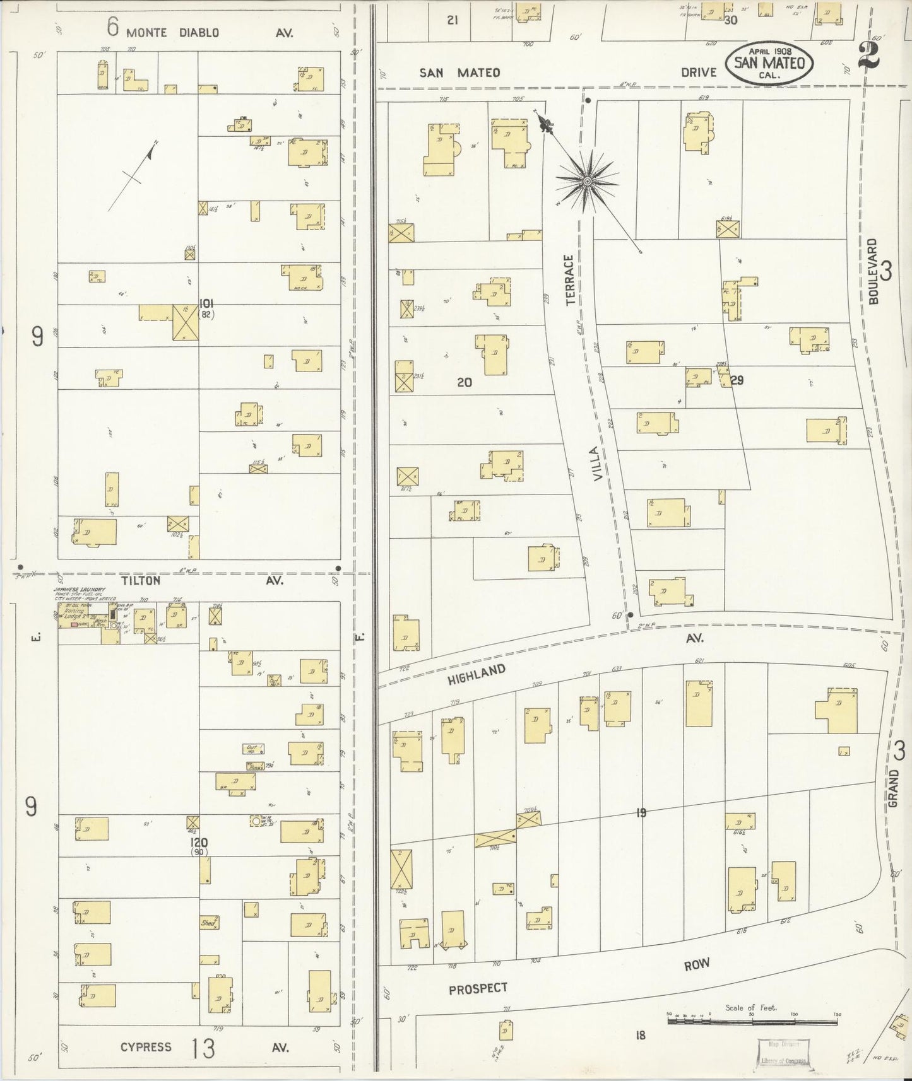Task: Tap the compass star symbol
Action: (x=587, y=182)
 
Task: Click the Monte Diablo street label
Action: (x=172, y=32)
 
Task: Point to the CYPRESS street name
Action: (x=146, y=1046)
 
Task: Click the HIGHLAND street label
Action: (x=477, y=675)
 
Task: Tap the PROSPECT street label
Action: (x=478, y=989)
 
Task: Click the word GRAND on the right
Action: (x=892, y=788)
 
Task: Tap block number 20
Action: (x=464, y=382)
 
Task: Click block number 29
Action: (x=737, y=380)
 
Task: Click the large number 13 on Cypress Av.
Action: (x=203, y=1048)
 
